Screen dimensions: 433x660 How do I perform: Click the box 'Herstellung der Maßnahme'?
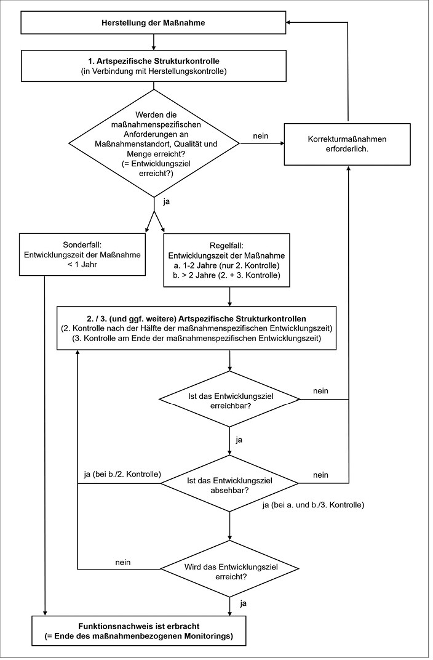(x=153, y=23)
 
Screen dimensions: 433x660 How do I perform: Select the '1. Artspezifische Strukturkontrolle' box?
(x=153, y=66)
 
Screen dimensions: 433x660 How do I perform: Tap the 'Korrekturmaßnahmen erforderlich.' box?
(x=347, y=144)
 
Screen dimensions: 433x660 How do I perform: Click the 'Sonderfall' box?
(x=82, y=255)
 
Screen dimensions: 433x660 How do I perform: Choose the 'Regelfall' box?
(x=226, y=260)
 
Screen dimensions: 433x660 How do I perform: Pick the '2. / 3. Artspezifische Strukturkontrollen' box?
(x=197, y=328)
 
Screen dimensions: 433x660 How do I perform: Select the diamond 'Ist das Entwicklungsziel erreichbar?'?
(x=229, y=399)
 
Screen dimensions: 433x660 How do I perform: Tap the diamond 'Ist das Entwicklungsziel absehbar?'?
(x=229, y=483)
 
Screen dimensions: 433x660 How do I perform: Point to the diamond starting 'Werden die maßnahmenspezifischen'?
(x=154, y=143)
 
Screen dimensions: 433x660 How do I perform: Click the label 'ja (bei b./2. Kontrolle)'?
(x=122, y=474)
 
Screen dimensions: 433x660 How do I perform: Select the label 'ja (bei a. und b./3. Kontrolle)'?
(x=313, y=505)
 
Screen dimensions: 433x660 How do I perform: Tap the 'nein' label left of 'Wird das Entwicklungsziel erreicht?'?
(x=123, y=562)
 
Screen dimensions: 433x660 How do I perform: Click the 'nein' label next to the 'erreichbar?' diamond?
(x=320, y=390)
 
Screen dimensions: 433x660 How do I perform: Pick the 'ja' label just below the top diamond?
(x=167, y=201)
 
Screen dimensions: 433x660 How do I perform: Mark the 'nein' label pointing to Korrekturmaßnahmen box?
(x=261, y=136)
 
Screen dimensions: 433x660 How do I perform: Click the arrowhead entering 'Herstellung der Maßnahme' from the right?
(x=289, y=23)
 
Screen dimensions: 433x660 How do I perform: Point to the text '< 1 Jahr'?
(x=82, y=265)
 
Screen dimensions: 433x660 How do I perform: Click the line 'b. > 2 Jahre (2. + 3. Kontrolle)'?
(x=226, y=276)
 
